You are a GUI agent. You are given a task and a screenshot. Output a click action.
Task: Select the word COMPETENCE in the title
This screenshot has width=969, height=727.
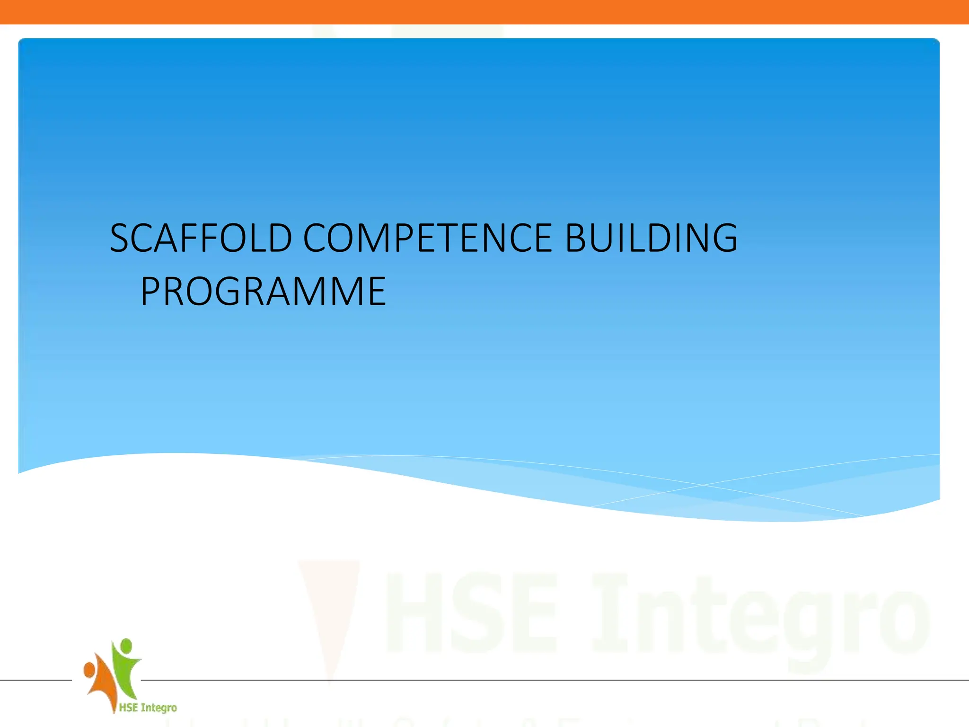427,238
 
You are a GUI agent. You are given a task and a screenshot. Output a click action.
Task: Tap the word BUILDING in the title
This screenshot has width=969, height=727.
651,238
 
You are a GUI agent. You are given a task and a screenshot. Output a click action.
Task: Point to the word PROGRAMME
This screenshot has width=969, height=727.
264,291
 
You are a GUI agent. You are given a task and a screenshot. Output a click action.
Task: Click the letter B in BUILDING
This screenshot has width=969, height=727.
577,238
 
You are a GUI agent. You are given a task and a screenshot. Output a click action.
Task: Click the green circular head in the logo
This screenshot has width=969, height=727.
126,646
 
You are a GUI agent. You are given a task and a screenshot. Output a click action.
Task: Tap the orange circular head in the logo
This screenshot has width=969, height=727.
89,670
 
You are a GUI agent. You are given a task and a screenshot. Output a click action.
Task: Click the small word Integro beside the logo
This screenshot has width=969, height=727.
159,708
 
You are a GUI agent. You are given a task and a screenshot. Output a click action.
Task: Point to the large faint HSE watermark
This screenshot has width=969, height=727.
471,613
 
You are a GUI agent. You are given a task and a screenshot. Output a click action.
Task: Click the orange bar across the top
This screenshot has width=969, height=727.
484,12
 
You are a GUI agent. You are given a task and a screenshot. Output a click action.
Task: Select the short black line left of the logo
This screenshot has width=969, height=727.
35,680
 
